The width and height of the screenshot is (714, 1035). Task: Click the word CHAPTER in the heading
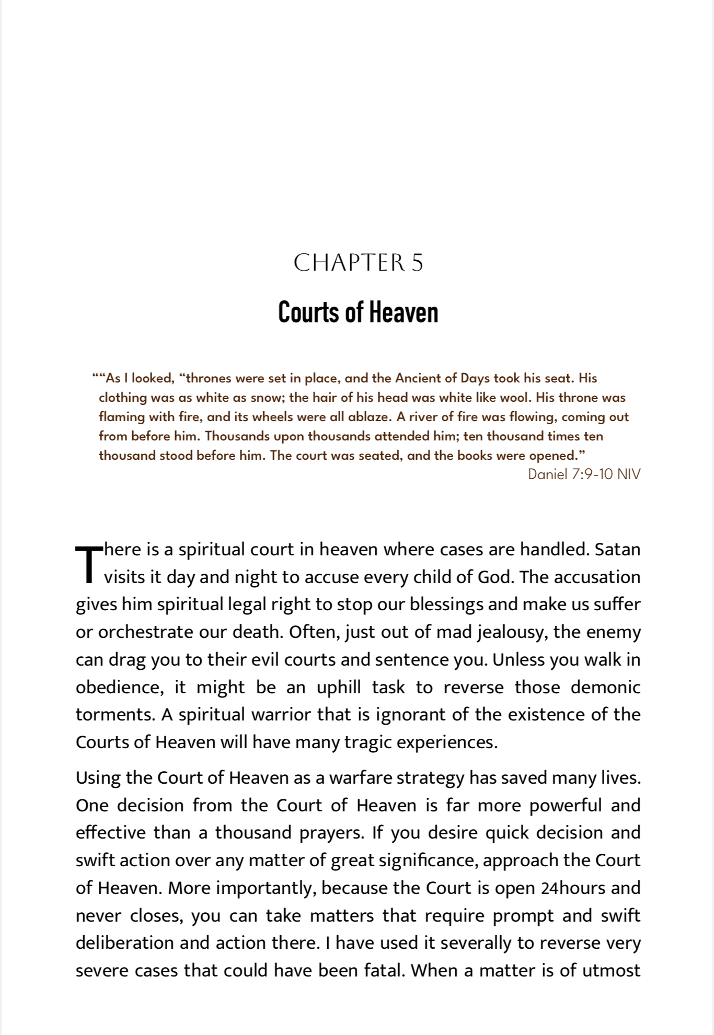click(x=349, y=263)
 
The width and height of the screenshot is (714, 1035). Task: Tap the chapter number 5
click(x=417, y=263)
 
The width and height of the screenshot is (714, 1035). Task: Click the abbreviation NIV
click(x=628, y=474)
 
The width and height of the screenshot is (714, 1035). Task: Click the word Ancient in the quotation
click(x=417, y=378)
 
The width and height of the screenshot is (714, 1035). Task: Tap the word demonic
click(x=605, y=687)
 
